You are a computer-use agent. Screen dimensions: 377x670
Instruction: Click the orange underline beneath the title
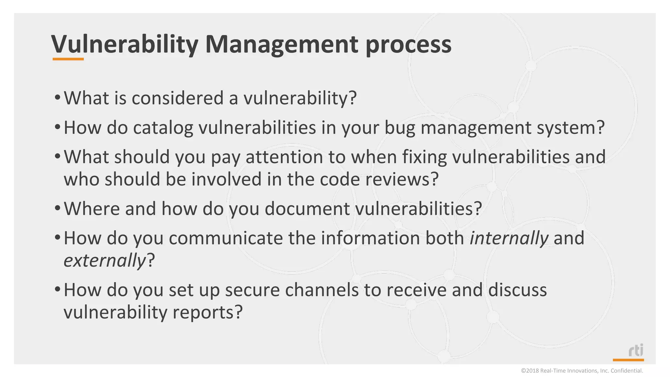(x=68, y=59)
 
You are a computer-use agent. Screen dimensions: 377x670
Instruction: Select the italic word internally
(x=509, y=238)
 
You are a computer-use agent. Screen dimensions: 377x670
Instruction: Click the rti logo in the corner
(x=635, y=350)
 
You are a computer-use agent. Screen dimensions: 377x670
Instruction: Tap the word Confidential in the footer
(x=626, y=371)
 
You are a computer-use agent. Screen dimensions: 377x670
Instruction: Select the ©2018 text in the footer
(x=530, y=371)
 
